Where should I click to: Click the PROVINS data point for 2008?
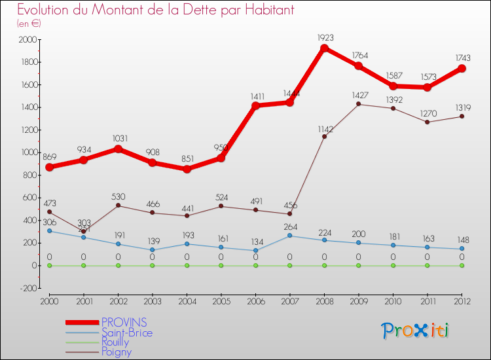click(x=324, y=48)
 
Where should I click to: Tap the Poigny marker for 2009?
click(x=359, y=104)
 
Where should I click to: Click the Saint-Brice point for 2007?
click(x=289, y=236)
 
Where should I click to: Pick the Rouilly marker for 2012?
click(x=462, y=265)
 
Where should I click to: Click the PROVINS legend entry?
click(x=124, y=322)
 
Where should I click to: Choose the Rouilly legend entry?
click(x=120, y=342)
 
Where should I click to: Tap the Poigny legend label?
click(x=116, y=352)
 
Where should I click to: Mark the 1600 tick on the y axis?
click(x=29, y=85)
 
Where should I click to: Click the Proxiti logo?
click(x=416, y=331)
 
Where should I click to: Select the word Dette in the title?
click(x=176, y=10)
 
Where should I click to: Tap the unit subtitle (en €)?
click(x=29, y=24)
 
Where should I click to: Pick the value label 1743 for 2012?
click(x=462, y=58)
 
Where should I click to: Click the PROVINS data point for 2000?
click(x=49, y=167)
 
